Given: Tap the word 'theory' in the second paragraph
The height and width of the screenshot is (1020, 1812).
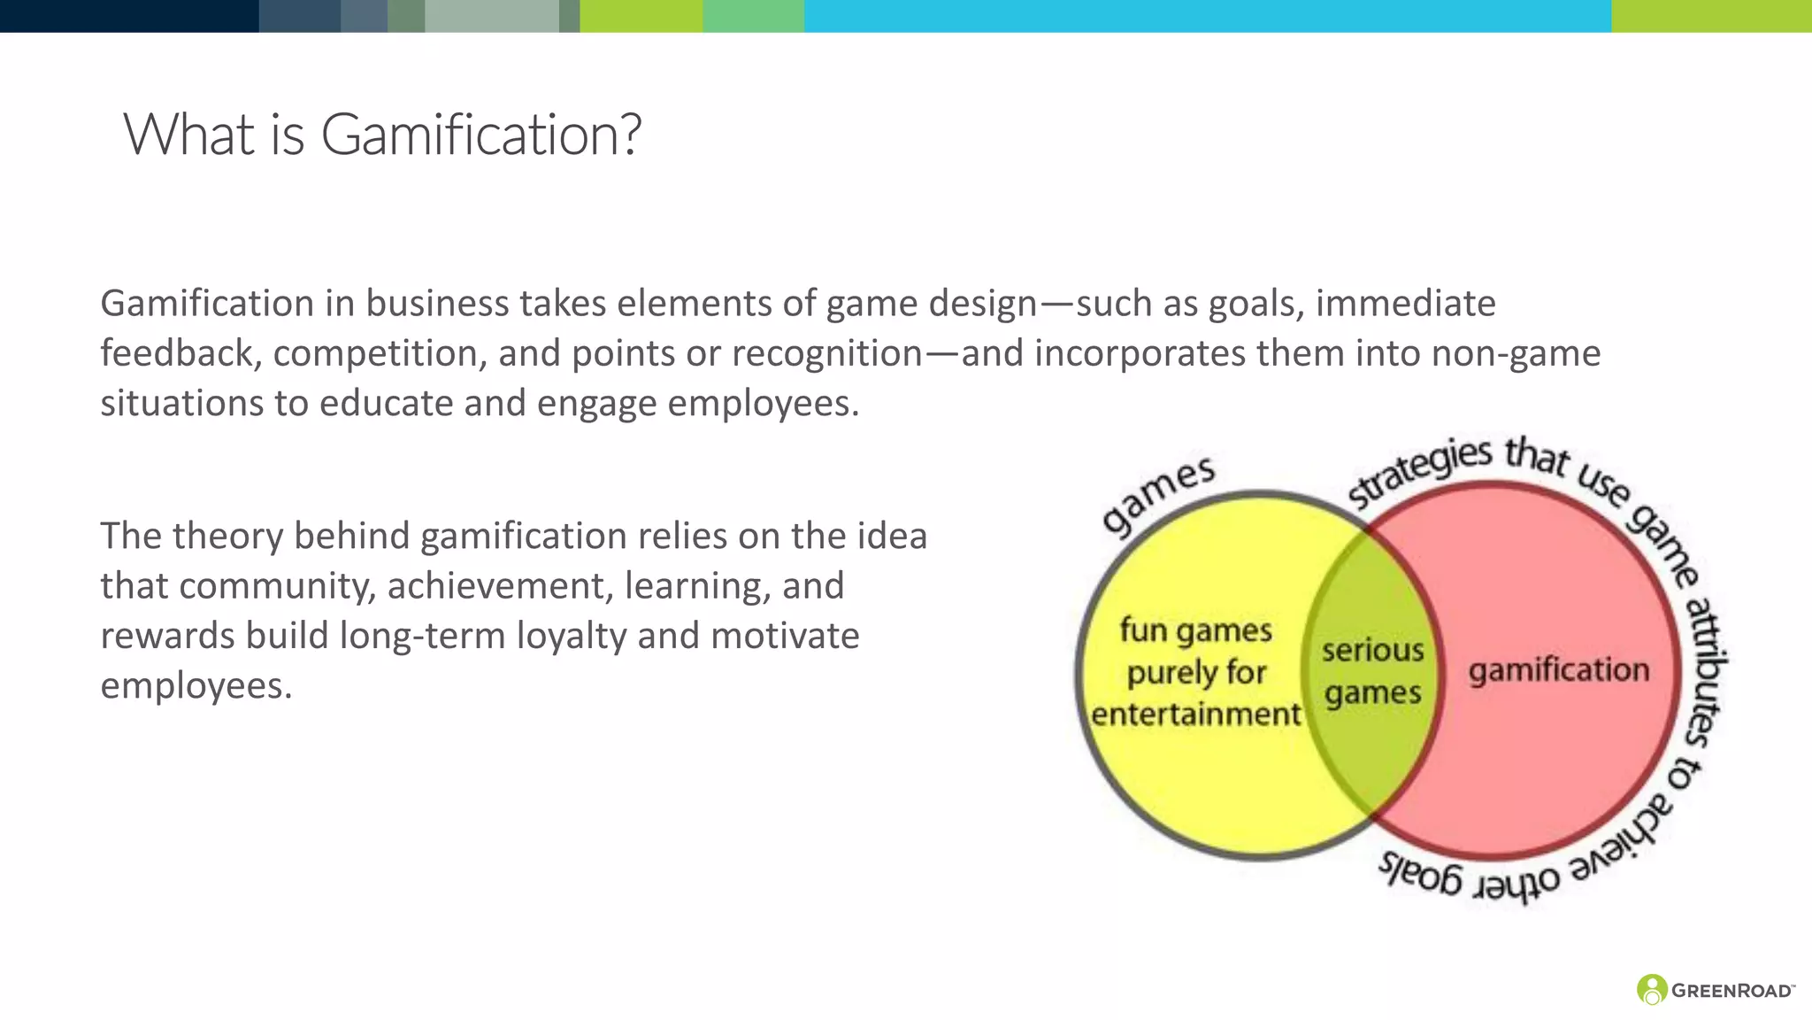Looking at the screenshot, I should click(226, 537).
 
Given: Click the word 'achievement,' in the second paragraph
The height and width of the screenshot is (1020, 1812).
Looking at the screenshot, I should click(500, 586).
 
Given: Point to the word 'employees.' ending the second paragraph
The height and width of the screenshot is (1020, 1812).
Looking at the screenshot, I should click(196, 686).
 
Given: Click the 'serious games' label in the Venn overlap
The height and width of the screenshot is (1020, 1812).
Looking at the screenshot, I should click(1372, 672).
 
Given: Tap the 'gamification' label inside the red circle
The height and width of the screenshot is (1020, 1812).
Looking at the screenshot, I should click(1559, 670).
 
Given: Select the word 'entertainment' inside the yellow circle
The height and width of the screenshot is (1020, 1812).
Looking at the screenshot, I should click(1195, 715).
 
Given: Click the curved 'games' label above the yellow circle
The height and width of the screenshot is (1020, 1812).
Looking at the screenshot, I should click(1158, 496).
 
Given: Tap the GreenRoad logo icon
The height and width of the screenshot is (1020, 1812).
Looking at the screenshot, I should click(1651, 989).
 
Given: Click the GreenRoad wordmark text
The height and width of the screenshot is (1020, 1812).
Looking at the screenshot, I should click(1731, 991).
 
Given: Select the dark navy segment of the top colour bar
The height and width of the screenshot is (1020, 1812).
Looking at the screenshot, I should click(129, 16).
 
